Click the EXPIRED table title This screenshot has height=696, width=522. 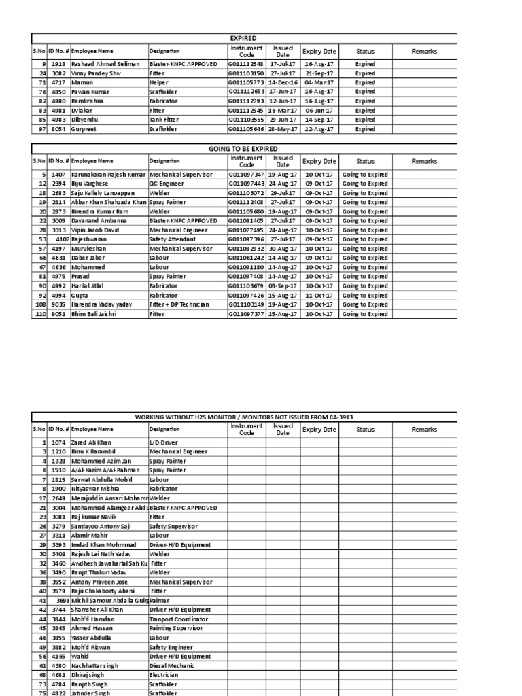243,39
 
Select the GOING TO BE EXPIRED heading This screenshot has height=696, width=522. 243,149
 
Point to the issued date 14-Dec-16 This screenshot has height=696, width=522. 282,82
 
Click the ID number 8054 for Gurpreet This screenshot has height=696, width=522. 58,129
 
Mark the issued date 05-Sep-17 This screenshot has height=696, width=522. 282,286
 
